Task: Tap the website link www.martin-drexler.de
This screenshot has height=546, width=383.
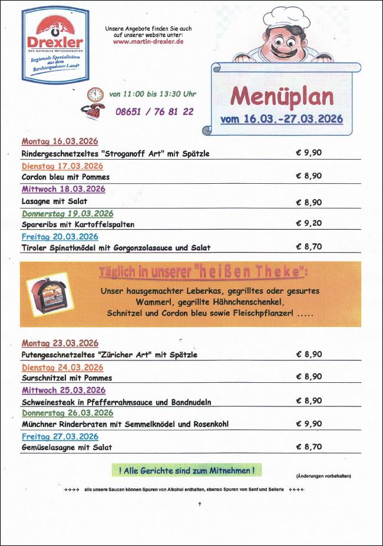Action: tap(148, 42)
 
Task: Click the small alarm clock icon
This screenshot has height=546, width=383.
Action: tap(95, 94)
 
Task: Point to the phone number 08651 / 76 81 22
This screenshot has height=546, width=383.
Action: tap(154, 111)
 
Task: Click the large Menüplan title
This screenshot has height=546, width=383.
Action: tap(282, 96)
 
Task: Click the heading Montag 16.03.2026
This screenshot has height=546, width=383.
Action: tap(60, 141)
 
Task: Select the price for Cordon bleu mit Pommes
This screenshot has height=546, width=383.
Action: tap(309, 176)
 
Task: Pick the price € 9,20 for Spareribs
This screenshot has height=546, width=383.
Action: tap(309, 223)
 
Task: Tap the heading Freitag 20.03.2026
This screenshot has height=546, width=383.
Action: tap(60, 236)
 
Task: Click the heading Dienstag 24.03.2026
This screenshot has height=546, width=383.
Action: tap(62, 367)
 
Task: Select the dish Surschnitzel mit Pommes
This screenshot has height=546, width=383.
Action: tap(67, 378)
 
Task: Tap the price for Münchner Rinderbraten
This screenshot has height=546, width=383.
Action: tap(309, 423)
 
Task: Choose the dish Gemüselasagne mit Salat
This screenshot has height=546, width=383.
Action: tap(67, 447)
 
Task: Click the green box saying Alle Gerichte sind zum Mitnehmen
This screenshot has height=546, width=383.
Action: tap(186, 470)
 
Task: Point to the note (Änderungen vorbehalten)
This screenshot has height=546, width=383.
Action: tap(323, 476)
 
